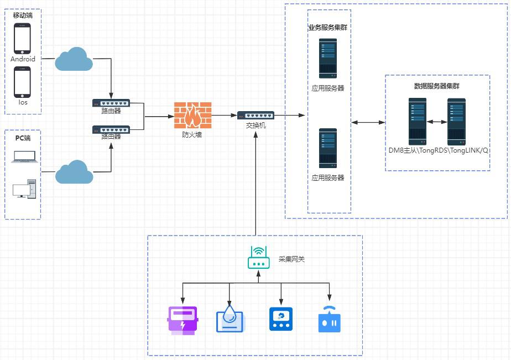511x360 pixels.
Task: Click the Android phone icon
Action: click(23, 39)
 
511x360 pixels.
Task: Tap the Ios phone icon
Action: click(23, 82)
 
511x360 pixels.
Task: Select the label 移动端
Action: click(23, 15)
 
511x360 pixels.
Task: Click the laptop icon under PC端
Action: click(25, 157)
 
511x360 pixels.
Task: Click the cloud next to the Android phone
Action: click(74, 60)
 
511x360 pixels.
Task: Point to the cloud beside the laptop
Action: click(74, 172)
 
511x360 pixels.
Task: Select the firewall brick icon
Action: click(192, 116)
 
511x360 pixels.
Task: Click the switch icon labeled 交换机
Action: click(255, 115)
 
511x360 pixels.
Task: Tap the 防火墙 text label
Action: click(192, 134)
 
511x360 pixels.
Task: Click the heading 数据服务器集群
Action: click(437, 86)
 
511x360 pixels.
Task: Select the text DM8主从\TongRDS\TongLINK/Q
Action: click(439, 150)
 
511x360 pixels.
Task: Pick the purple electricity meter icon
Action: click(182, 320)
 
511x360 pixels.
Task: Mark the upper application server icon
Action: click(327, 59)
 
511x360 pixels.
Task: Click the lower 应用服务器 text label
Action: click(327, 178)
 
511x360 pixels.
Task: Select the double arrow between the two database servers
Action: click(437, 122)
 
